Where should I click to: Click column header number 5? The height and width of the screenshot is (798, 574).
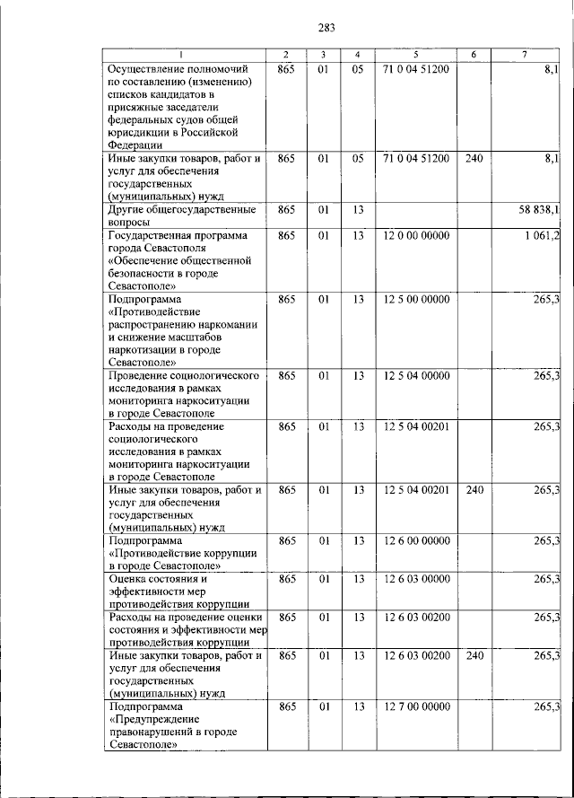(x=416, y=55)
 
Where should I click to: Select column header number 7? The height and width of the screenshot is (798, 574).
(x=524, y=55)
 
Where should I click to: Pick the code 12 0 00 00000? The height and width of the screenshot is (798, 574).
(x=416, y=235)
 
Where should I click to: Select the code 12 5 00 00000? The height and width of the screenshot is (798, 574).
(x=416, y=299)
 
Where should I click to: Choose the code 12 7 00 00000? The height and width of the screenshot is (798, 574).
(x=416, y=707)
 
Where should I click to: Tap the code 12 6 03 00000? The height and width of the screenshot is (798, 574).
(x=416, y=579)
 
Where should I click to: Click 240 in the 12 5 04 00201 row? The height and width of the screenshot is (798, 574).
(x=474, y=490)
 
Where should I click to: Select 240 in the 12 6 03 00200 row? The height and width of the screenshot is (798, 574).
(x=474, y=656)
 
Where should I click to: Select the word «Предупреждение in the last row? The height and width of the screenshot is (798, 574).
(x=153, y=720)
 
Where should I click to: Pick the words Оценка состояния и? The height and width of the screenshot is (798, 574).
(x=157, y=579)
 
